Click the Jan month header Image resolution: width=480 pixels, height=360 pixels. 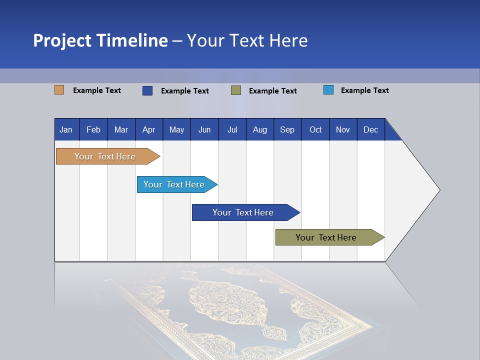(66, 129)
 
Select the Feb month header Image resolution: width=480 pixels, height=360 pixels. (93, 129)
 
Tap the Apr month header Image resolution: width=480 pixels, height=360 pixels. (148, 129)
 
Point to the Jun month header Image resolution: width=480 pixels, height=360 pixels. (204, 129)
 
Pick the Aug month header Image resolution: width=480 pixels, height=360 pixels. (260, 129)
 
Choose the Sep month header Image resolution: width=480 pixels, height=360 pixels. (287, 129)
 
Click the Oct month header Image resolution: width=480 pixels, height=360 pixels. (315, 129)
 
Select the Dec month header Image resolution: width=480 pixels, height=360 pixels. (371, 129)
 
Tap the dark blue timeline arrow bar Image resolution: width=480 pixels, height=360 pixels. (243, 212)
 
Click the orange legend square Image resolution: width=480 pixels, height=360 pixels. (59, 90)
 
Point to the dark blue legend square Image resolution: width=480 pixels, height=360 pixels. (147, 90)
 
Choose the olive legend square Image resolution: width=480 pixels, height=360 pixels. (236, 90)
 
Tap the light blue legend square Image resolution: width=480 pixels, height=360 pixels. (328, 90)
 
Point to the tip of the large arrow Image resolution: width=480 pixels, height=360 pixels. (438, 190)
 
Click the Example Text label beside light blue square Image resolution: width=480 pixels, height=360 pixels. (364, 90)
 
